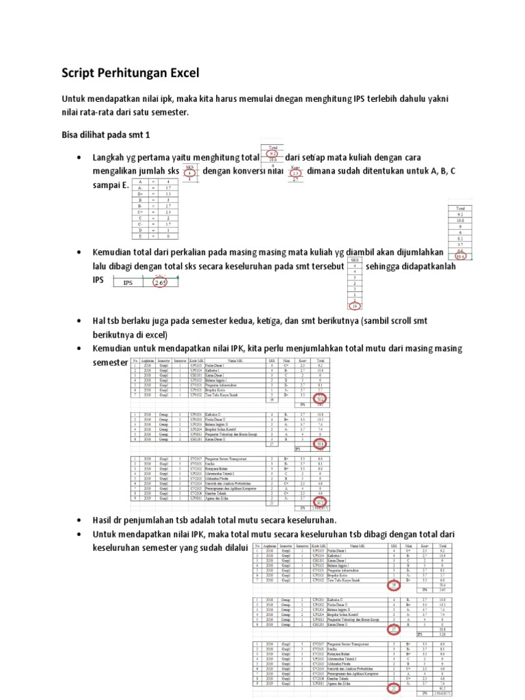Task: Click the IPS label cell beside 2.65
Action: pos(128,282)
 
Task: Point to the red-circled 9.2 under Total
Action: pos(273,154)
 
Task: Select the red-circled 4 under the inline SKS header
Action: pos(190,173)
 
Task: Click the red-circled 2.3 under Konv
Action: pos(295,173)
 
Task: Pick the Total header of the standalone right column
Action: pos(459,208)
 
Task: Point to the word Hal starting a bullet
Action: pos(99,321)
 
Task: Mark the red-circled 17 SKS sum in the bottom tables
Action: pos(394,629)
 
